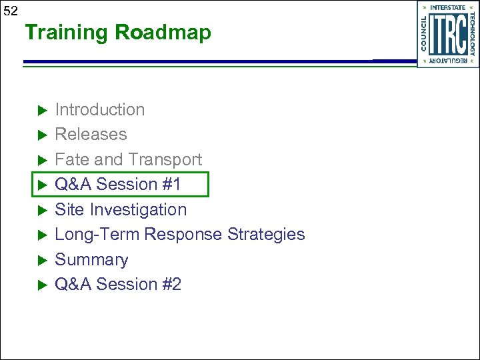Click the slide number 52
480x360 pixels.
(11, 11)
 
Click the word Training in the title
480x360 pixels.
(67, 32)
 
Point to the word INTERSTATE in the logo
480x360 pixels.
(447, 8)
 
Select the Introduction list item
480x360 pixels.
(99, 109)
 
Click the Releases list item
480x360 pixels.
(91, 134)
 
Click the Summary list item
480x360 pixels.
(91, 259)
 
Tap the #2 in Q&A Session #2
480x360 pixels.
(171, 284)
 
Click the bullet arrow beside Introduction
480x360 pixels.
(40, 110)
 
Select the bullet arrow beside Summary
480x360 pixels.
(40, 260)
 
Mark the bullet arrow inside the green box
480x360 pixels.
(40, 185)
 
